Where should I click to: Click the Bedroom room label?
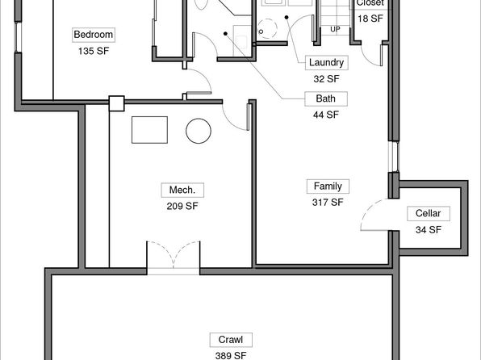(x=94, y=35)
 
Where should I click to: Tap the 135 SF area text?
(x=94, y=51)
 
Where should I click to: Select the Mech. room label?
(x=182, y=190)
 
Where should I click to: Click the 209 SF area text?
(x=182, y=206)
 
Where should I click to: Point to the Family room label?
(x=328, y=186)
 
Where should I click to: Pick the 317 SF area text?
(x=328, y=203)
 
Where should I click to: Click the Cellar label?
(x=429, y=213)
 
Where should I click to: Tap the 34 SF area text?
(x=429, y=229)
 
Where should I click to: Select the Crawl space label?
(x=231, y=340)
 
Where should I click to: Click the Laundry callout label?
(x=326, y=63)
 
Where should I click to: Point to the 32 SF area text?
(x=326, y=79)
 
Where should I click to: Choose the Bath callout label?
(x=326, y=98)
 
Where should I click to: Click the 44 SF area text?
(x=326, y=115)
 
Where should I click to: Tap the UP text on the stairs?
(x=335, y=30)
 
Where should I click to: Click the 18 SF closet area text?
(x=370, y=19)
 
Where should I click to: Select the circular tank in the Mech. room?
(x=199, y=131)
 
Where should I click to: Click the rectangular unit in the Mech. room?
(x=149, y=130)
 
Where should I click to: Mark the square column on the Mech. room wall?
(x=116, y=103)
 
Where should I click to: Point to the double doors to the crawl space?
(x=174, y=257)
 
